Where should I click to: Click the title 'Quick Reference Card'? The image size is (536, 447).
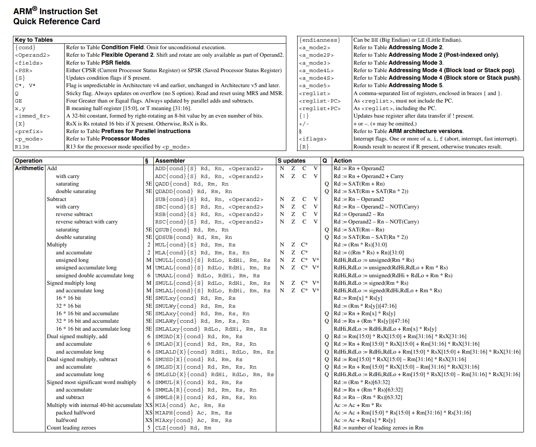(57, 22)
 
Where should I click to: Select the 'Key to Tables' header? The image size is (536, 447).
(34, 40)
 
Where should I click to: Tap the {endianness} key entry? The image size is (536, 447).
(320, 40)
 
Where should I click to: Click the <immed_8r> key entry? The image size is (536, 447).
(32, 116)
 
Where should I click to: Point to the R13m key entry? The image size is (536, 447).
(22, 147)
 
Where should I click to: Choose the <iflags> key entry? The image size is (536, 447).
(313, 139)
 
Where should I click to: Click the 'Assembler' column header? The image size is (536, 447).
(170, 161)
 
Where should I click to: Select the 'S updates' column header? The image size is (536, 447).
(292, 161)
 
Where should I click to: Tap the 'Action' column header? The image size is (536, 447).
(343, 161)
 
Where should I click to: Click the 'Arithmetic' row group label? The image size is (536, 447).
(29, 168)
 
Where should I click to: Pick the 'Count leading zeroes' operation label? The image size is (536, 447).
(71, 428)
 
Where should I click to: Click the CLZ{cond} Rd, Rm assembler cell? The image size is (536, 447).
(183, 428)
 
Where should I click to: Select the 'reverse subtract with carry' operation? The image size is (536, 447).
(87, 222)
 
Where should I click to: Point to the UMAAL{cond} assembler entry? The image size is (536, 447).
(207, 276)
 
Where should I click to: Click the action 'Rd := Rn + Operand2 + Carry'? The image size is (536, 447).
(368, 176)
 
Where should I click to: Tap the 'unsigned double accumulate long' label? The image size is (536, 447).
(95, 276)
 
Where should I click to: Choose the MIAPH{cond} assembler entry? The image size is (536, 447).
(193, 413)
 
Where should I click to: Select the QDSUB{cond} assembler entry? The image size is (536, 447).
(193, 237)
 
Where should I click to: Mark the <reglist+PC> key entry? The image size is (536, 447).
(320, 108)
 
